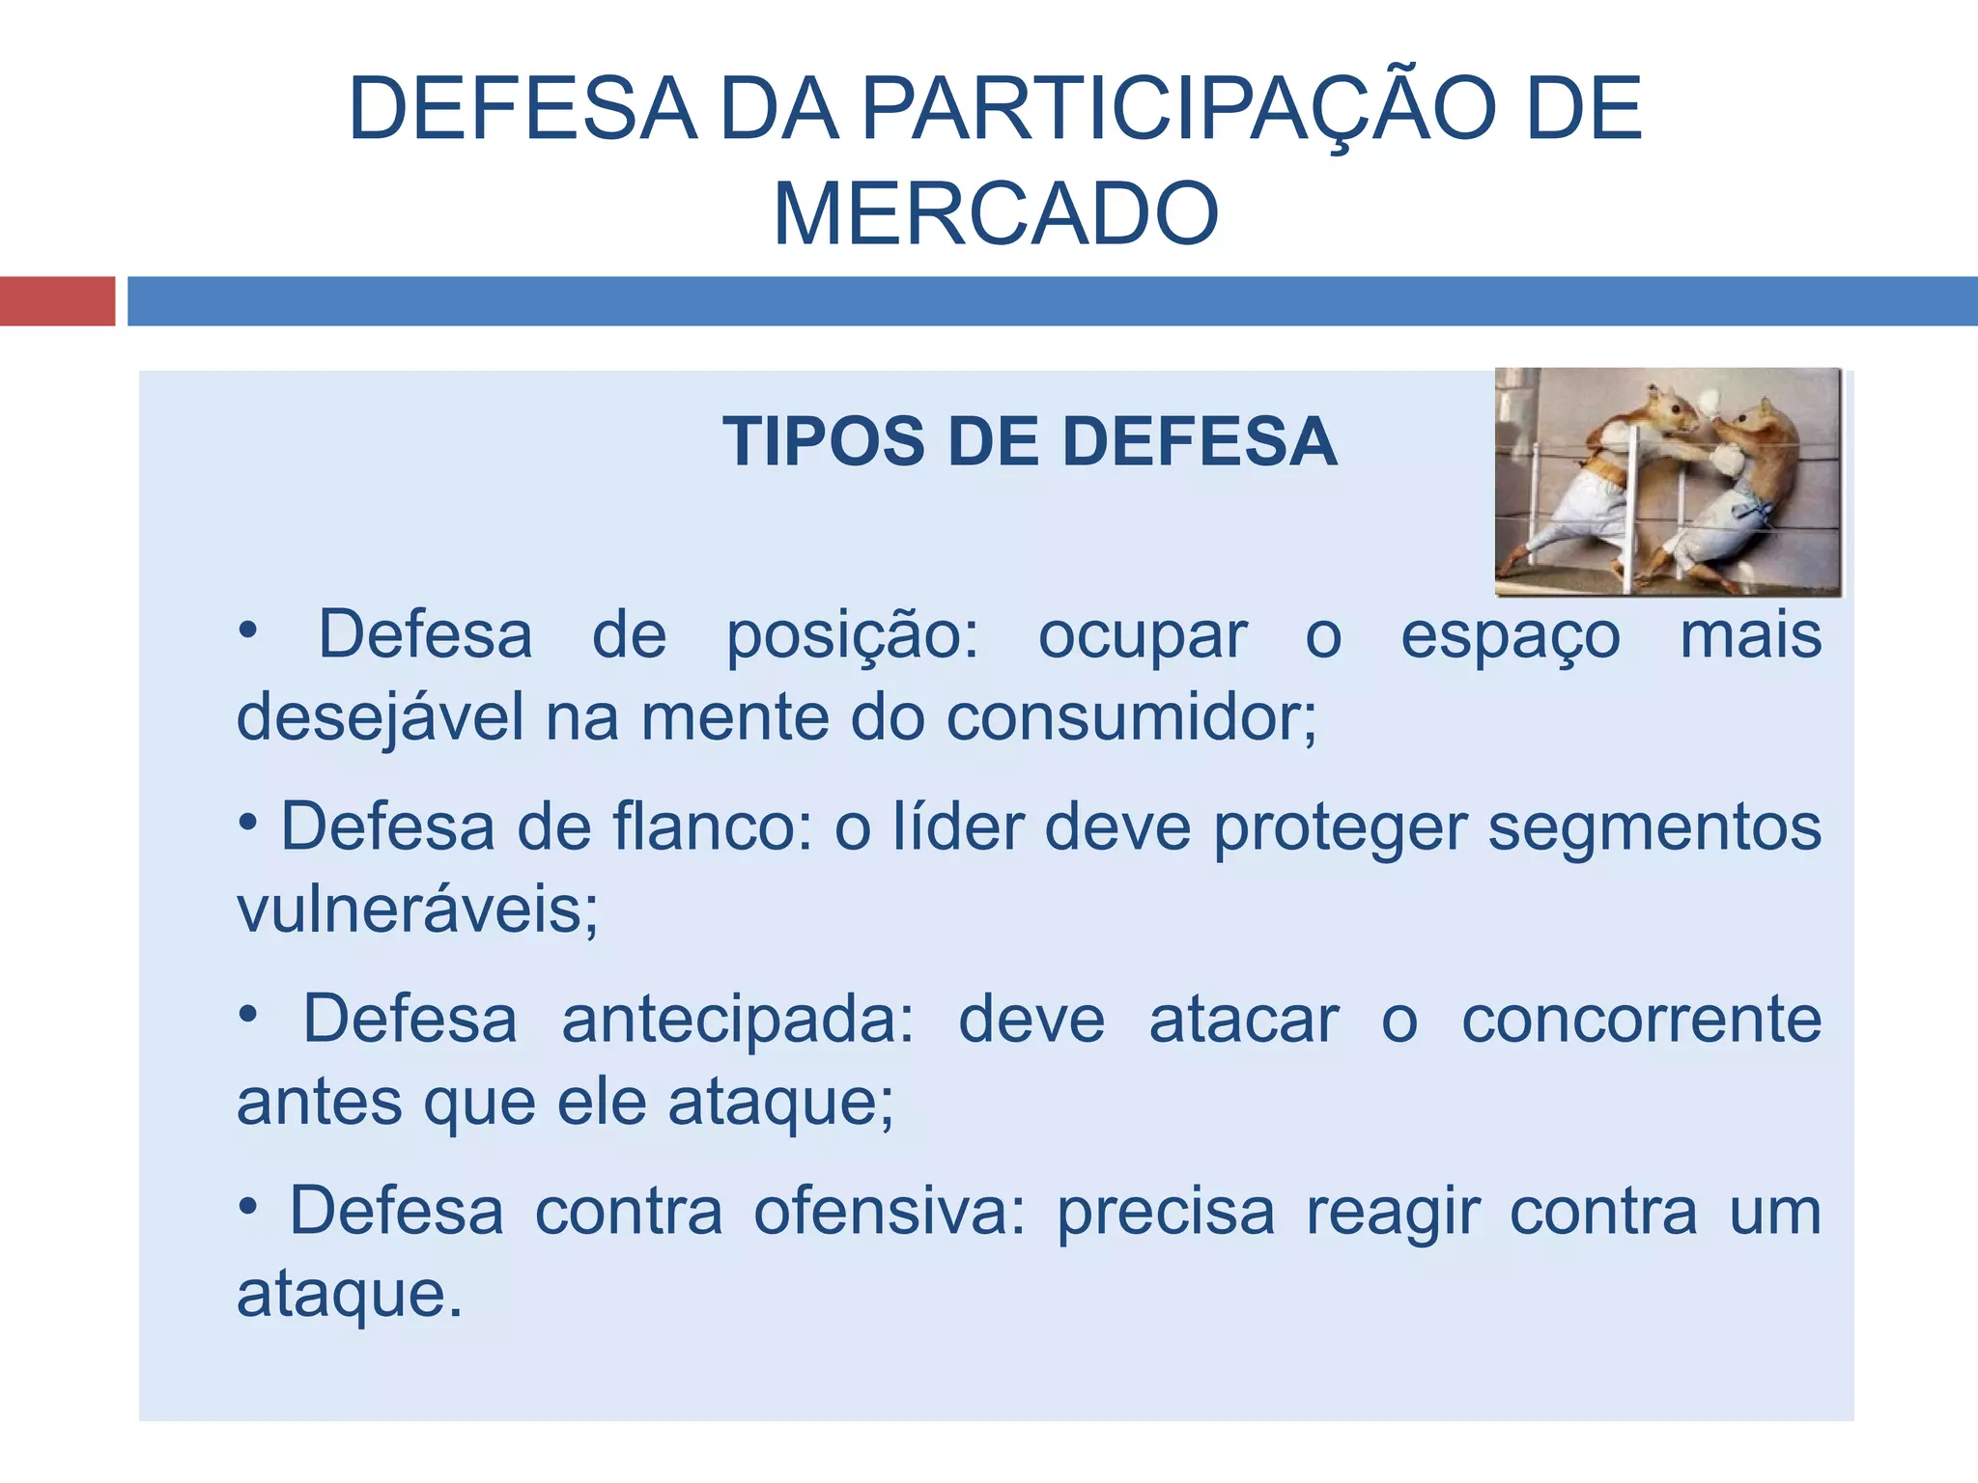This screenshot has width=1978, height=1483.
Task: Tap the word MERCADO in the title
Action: pos(996,213)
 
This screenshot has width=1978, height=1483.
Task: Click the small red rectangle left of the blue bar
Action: pos(57,301)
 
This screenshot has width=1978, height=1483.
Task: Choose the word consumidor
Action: pos(1130,718)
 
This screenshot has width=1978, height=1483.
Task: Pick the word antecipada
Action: pos(737,1020)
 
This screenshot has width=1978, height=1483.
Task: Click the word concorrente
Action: pos(1641,1020)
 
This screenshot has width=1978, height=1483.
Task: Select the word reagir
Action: pos(1393,1211)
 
